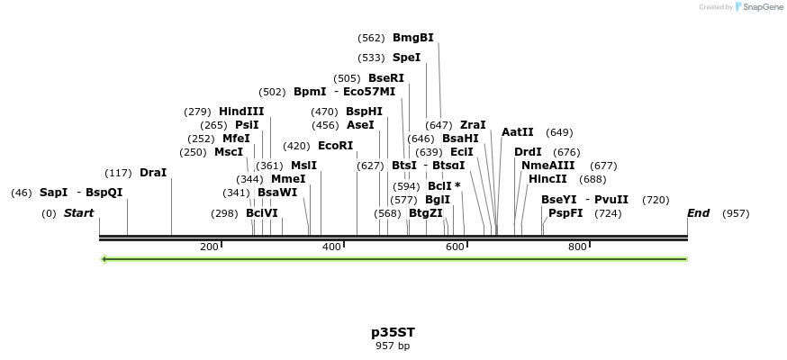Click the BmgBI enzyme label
click(412, 38)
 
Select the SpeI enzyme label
click(406, 58)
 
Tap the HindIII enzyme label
click(241, 112)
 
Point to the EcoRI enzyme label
click(335, 146)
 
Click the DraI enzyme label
click(153, 173)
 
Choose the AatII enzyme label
click(517, 132)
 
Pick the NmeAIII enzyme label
click(547, 166)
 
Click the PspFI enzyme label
click(565, 213)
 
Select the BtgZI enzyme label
click(426, 213)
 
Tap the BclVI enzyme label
click(262, 213)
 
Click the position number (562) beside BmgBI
click(371, 38)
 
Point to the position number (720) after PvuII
click(656, 200)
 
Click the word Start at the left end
click(78, 213)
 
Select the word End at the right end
click(698, 213)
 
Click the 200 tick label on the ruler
click(209, 247)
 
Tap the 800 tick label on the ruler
click(577, 247)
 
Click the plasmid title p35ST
click(393, 332)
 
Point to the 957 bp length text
click(393, 346)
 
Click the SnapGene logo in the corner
click(759, 7)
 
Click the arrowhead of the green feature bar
click(104, 259)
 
